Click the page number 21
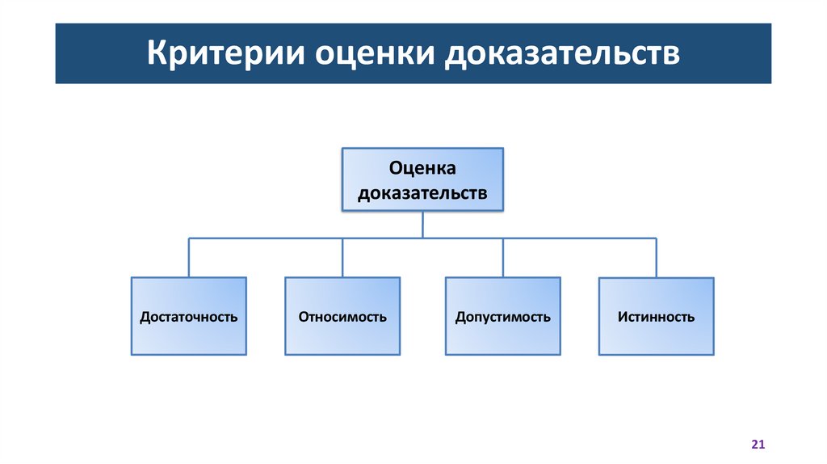click(x=758, y=445)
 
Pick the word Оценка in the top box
click(x=422, y=167)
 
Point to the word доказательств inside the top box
click(x=422, y=194)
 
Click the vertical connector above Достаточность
click(x=189, y=257)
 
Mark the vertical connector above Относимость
click(x=342, y=257)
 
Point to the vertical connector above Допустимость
click(x=502, y=257)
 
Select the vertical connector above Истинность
click(x=656, y=257)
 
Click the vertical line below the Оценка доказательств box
click(x=422, y=225)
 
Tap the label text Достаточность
click(x=189, y=317)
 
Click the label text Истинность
click(x=656, y=317)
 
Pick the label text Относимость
click(x=342, y=317)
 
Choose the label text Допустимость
click(x=502, y=317)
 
